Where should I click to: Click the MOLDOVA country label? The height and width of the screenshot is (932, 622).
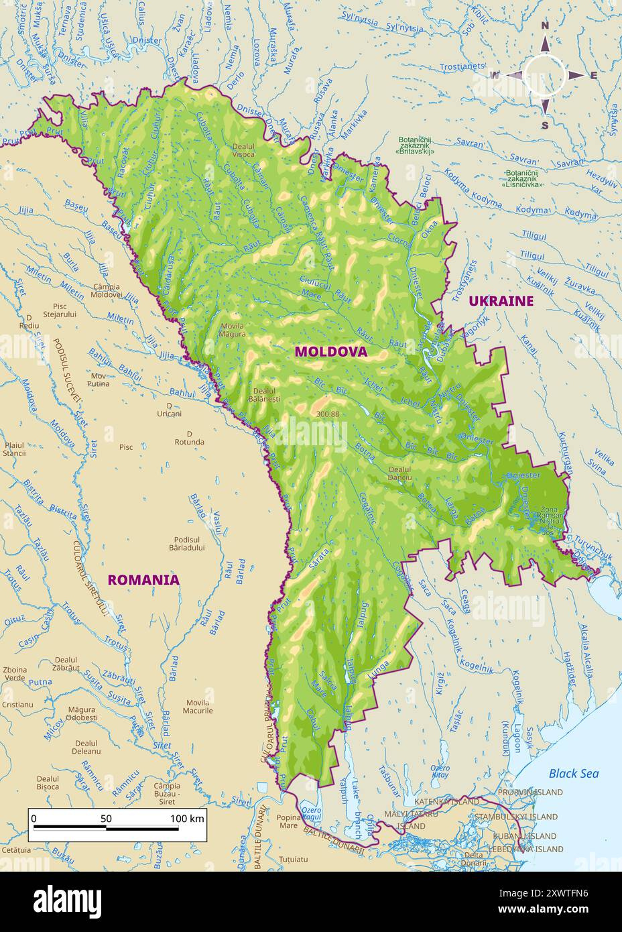click(x=331, y=351)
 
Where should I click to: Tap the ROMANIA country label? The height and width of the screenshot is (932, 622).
click(x=143, y=579)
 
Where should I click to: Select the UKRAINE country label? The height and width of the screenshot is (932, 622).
click(x=501, y=300)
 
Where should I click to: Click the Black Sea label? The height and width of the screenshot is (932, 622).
click(x=573, y=773)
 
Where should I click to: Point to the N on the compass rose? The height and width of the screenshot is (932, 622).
click(x=545, y=26)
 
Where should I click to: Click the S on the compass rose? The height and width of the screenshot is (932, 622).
click(x=545, y=125)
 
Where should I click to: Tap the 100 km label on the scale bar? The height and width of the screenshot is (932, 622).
click(x=187, y=818)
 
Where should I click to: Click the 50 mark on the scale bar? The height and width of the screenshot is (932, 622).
click(x=106, y=818)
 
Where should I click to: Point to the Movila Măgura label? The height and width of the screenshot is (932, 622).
click(x=232, y=329)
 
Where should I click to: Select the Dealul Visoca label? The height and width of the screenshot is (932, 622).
click(x=243, y=150)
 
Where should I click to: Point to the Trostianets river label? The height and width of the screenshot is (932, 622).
click(x=462, y=66)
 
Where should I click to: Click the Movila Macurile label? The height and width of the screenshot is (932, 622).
click(x=197, y=706)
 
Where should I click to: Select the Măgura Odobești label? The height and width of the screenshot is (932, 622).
click(x=82, y=713)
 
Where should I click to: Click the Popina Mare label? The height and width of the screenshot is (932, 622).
click(x=288, y=821)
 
